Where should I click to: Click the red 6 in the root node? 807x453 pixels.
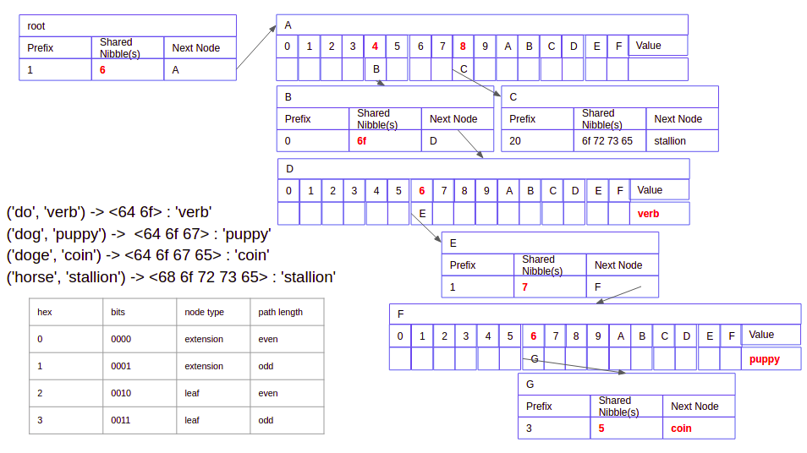click(102, 70)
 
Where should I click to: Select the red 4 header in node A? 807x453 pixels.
click(376, 46)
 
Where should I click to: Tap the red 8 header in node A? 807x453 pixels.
click(463, 46)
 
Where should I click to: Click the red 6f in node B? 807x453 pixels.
click(362, 141)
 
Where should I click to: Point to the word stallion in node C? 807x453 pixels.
click(670, 141)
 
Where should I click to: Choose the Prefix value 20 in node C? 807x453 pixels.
click(515, 141)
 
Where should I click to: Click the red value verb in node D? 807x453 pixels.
click(649, 214)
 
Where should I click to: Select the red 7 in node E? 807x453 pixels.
click(525, 287)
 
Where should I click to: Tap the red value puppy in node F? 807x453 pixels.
click(765, 359)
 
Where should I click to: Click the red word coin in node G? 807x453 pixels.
click(682, 428)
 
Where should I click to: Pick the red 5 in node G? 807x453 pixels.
click(601, 428)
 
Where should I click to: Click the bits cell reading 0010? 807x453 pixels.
click(121, 393)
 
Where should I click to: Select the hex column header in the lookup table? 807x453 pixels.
click(45, 312)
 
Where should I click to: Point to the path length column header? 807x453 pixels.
click(281, 312)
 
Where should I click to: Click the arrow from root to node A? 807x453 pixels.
click(256, 47)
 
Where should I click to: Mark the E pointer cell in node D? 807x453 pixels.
click(422, 213)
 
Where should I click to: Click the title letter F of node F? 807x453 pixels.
click(400, 314)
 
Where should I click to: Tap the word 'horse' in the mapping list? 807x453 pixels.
click(36, 277)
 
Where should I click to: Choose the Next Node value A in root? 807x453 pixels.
click(175, 70)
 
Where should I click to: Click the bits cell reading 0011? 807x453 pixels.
click(121, 420)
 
